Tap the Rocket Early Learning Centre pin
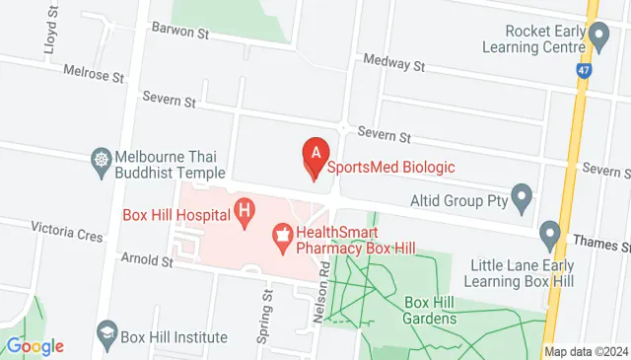click(x=599, y=37)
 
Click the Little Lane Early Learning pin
click(x=549, y=236)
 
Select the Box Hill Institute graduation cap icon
click(x=105, y=335)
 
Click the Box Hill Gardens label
click(x=430, y=311)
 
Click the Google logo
click(x=35, y=346)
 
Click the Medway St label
click(x=392, y=62)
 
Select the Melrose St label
click(x=94, y=71)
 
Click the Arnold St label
click(x=146, y=261)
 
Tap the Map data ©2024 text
click(x=586, y=351)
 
